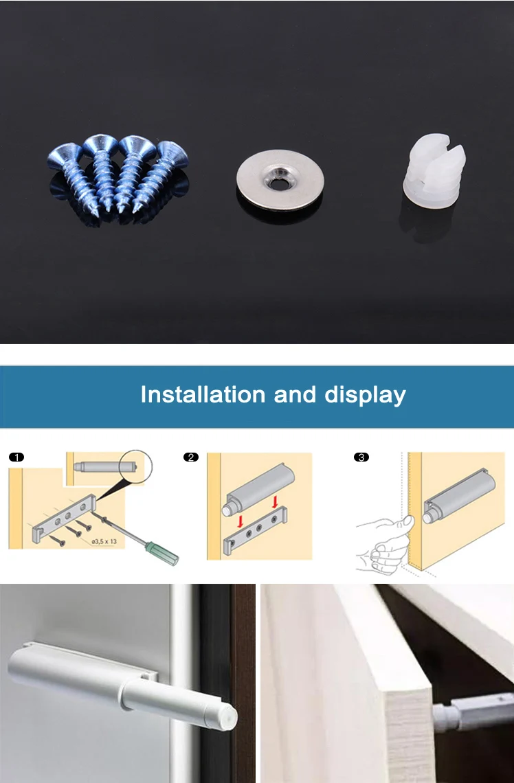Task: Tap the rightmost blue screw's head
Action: click(173, 153)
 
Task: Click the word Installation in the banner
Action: click(203, 394)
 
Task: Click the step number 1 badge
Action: click(16, 457)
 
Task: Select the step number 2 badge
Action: click(191, 457)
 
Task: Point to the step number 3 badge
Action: click(361, 457)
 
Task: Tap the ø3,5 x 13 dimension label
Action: click(104, 541)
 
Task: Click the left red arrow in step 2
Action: click(241, 521)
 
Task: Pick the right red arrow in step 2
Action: click(275, 502)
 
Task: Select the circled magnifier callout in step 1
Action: click(136, 466)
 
